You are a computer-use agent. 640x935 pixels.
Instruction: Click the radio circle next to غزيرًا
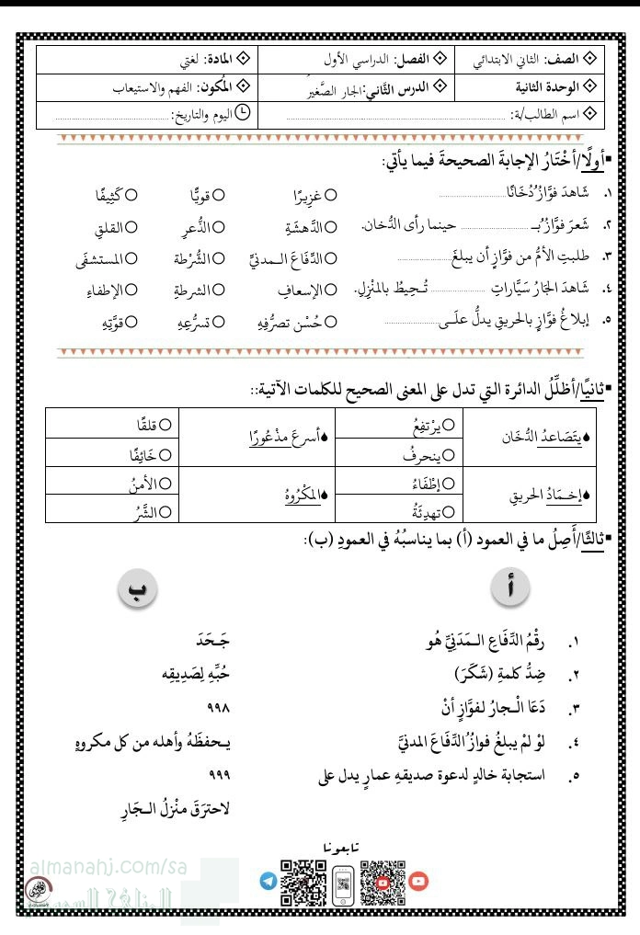[x=331, y=195]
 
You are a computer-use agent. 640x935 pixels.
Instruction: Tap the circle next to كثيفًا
[x=131, y=195]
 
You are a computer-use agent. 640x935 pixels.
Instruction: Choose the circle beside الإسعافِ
[x=331, y=291]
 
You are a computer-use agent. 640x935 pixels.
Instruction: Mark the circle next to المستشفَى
[x=131, y=258]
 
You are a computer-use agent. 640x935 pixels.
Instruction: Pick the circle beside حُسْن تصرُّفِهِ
[x=331, y=322]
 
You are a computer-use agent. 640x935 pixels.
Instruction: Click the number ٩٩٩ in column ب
[x=218, y=775]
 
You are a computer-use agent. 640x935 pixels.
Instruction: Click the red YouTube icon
[x=418, y=881]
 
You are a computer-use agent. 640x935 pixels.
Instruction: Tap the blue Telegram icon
[x=268, y=881]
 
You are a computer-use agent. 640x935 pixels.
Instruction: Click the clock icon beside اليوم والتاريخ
[x=243, y=113]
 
